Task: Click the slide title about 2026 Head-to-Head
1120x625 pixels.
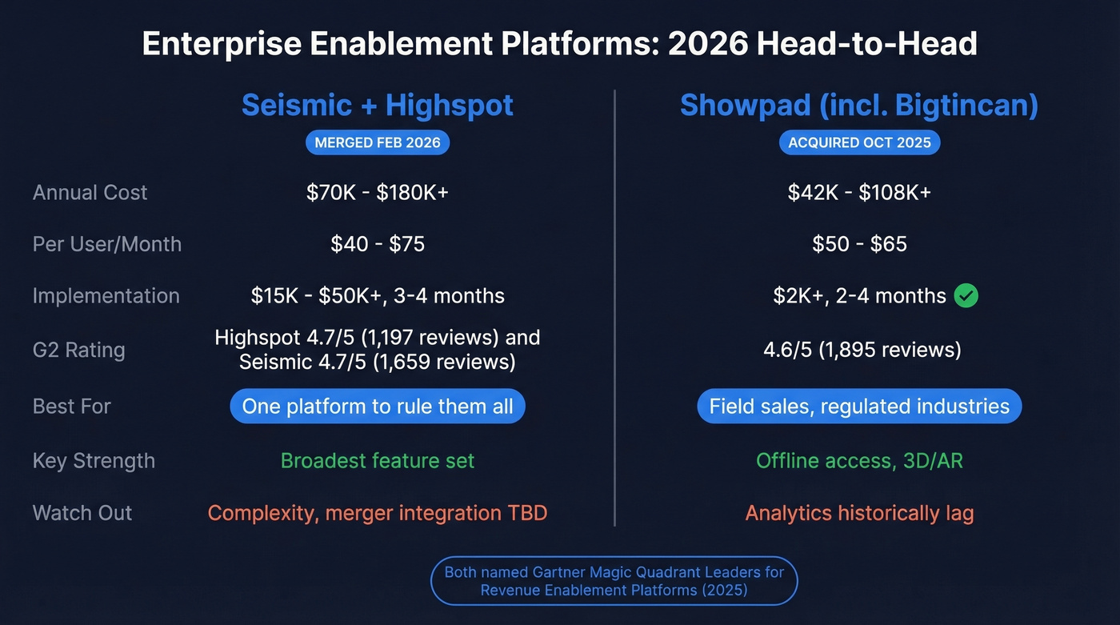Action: pos(559,43)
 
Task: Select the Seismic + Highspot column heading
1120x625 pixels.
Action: pos(378,106)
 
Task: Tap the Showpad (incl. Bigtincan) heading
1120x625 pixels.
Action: pos(859,106)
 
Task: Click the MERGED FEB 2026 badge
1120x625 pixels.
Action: pos(378,142)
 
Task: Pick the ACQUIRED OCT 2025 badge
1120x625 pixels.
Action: pos(859,142)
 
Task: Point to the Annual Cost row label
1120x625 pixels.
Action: pos(90,192)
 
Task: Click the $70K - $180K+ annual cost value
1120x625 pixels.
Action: pos(378,192)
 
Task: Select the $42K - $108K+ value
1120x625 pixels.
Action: pos(859,192)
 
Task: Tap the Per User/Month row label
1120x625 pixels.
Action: pos(107,244)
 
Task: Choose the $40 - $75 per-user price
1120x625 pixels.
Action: pos(378,244)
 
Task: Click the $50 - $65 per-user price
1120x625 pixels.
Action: pos(859,244)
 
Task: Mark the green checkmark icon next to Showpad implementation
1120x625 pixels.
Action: pos(966,296)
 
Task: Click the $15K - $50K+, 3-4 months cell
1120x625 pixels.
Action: pos(378,296)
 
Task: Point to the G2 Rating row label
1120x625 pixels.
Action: pos(79,350)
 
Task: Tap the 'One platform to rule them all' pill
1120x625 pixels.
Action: pos(378,407)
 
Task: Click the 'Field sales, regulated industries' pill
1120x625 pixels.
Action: pos(859,407)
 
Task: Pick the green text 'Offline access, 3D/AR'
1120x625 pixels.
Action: pos(859,461)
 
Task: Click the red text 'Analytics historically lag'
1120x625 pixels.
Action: pos(859,513)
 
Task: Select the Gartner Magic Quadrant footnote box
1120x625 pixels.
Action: pos(614,581)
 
